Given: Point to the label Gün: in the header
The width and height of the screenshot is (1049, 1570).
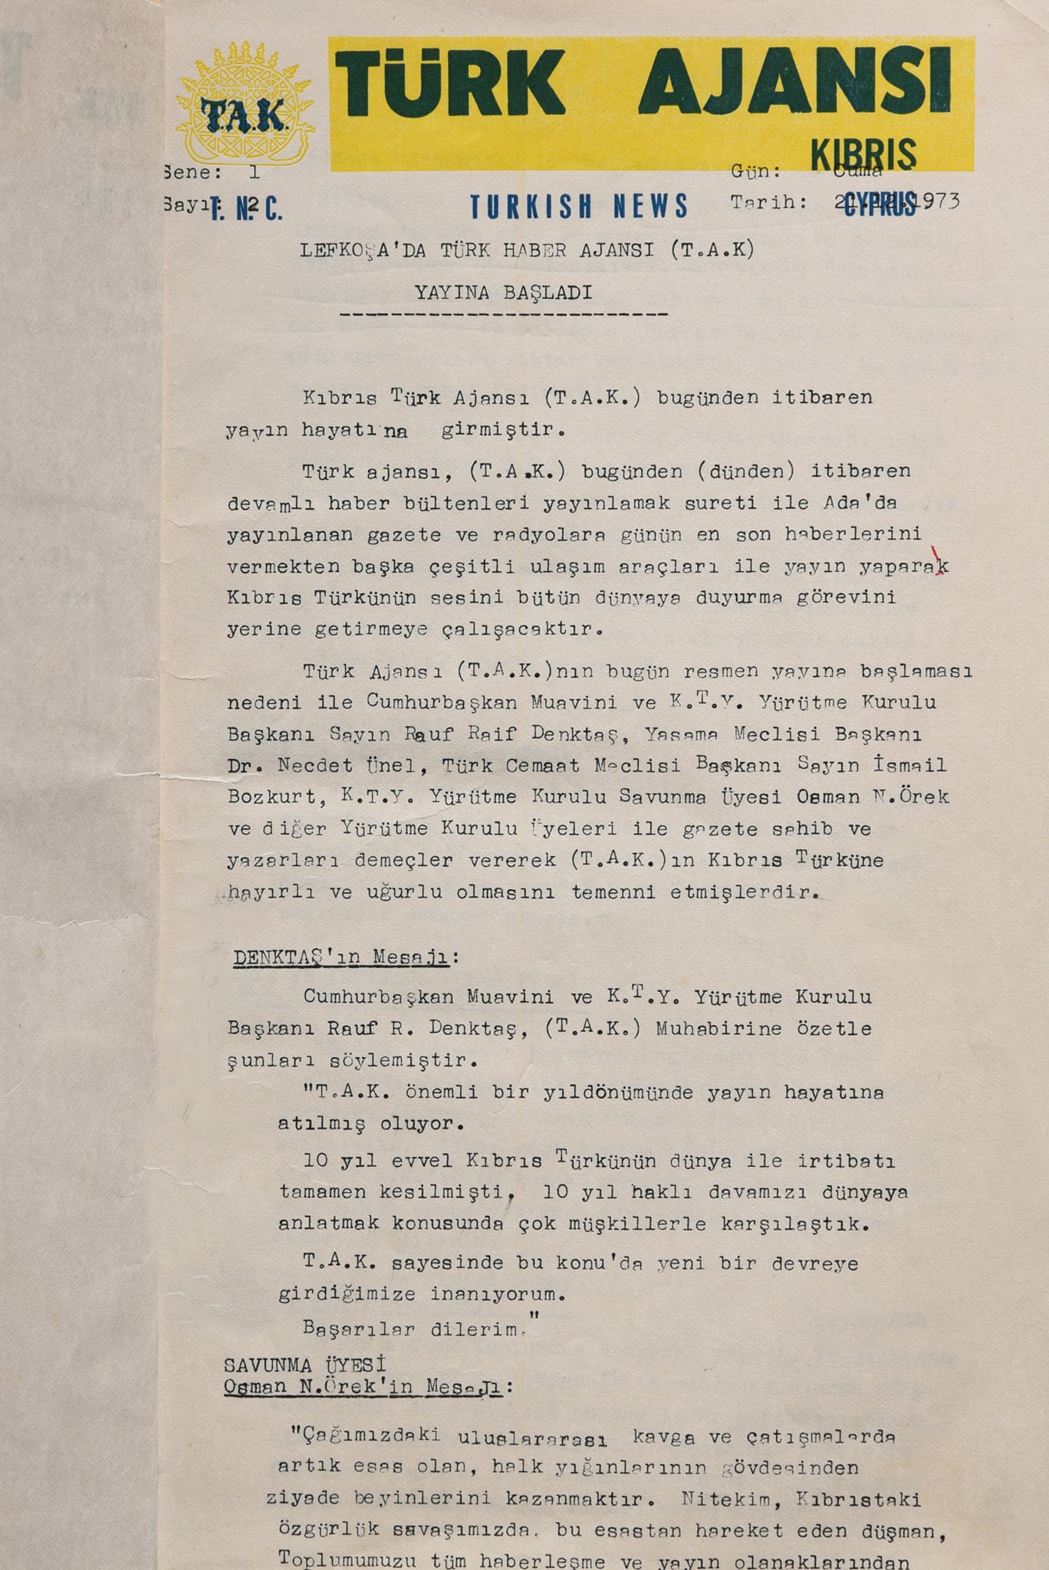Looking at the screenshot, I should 755,171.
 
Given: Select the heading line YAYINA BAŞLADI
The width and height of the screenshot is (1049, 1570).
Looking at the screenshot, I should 503,293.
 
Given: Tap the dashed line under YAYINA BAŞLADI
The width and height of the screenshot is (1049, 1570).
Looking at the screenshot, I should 503,314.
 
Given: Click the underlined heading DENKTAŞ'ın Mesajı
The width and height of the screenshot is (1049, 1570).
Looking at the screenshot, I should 345,957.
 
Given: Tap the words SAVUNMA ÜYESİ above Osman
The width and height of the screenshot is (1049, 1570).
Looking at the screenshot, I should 304,1365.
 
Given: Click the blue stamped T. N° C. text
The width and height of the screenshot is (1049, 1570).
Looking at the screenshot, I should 246,209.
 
